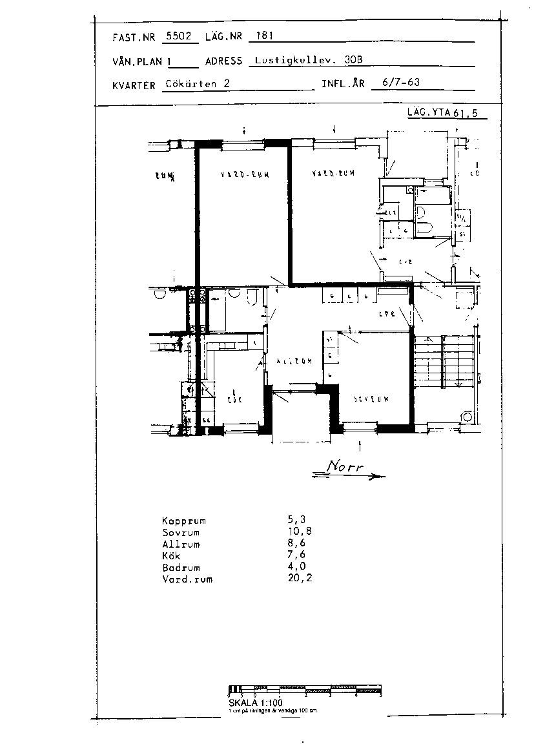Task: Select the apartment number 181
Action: click(x=265, y=36)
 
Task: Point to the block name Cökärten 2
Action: click(x=197, y=83)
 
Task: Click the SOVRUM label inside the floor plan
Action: click(x=371, y=399)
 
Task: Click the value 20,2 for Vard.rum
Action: click(x=300, y=579)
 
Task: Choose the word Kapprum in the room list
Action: click(x=183, y=521)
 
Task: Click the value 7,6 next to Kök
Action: click(x=296, y=555)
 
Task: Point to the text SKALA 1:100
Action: click(x=255, y=703)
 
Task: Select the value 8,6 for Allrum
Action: click(x=296, y=544)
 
